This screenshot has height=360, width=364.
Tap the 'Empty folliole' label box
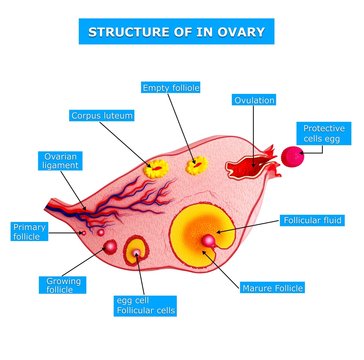pyautogui.click(x=169, y=88)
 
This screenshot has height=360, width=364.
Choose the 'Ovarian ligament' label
pyautogui.click(x=57, y=162)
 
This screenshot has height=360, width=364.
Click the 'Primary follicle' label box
pyautogui.click(x=30, y=233)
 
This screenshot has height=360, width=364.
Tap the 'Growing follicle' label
pyautogui.click(x=62, y=288)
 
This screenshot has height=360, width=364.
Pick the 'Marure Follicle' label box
pyautogui.click(x=273, y=288)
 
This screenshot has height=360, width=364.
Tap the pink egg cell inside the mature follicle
pyautogui.click(x=209, y=240)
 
